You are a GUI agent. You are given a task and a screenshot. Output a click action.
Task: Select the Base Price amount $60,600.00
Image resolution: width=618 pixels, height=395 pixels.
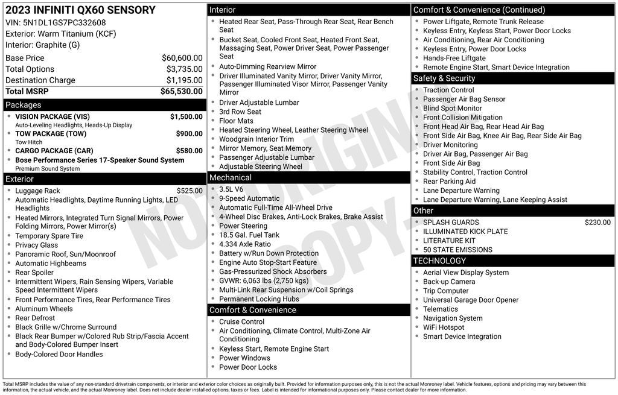[x=182, y=58]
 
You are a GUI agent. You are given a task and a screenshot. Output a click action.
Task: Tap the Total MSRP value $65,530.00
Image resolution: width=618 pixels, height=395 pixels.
[x=181, y=92]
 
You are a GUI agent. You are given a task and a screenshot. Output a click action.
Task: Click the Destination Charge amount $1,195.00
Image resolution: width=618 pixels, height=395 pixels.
[x=184, y=80]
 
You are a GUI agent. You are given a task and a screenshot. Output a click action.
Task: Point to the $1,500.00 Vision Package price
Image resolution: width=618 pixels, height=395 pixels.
[x=186, y=117]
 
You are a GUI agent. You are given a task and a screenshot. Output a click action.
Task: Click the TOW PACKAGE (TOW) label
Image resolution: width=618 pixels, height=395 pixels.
[x=51, y=134]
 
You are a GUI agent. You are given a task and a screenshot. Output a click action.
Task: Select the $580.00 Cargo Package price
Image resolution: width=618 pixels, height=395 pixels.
[x=189, y=151]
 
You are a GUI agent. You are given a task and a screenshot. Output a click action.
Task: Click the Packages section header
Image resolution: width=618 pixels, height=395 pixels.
[x=24, y=105]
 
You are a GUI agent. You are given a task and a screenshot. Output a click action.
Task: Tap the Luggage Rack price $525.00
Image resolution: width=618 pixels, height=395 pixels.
[x=189, y=191]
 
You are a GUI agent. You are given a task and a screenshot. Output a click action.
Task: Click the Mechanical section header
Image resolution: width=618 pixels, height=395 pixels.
[x=230, y=177]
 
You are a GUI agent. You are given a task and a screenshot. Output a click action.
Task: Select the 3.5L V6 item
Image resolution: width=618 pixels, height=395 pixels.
[x=231, y=189]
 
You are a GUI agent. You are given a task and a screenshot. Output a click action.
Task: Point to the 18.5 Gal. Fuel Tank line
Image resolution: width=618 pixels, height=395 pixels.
[x=249, y=235]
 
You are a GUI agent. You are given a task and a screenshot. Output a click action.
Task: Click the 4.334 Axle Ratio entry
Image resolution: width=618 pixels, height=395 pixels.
[x=245, y=244]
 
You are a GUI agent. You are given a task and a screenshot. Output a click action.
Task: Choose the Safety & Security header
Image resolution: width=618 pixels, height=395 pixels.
[x=444, y=78]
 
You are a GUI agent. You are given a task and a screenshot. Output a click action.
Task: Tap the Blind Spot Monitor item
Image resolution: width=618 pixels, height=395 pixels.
[x=453, y=109]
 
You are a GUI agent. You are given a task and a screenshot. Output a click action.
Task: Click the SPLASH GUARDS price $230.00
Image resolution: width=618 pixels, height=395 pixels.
[x=597, y=223]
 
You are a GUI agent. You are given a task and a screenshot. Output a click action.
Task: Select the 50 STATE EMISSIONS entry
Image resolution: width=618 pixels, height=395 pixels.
[x=457, y=250]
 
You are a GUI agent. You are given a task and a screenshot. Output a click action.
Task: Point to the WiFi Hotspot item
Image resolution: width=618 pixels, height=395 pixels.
[x=444, y=327]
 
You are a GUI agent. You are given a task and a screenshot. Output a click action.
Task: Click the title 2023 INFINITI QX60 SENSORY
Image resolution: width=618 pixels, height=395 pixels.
[x=80, y=10]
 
